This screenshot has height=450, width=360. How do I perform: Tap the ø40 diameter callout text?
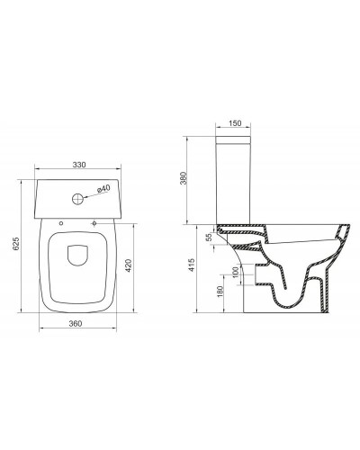click(102, 188)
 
